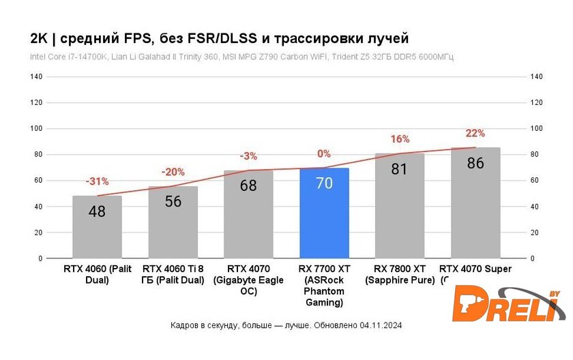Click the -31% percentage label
click(97, 181)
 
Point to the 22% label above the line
click(475, 133)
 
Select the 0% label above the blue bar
click(324, 153)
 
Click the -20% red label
click(173, 172)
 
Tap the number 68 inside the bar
click(248, 185)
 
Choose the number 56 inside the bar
click(173, 201)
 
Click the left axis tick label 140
click(37, 77)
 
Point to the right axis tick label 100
click(536, 129)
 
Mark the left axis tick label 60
click(38, 181)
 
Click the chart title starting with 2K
click(218, 37)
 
